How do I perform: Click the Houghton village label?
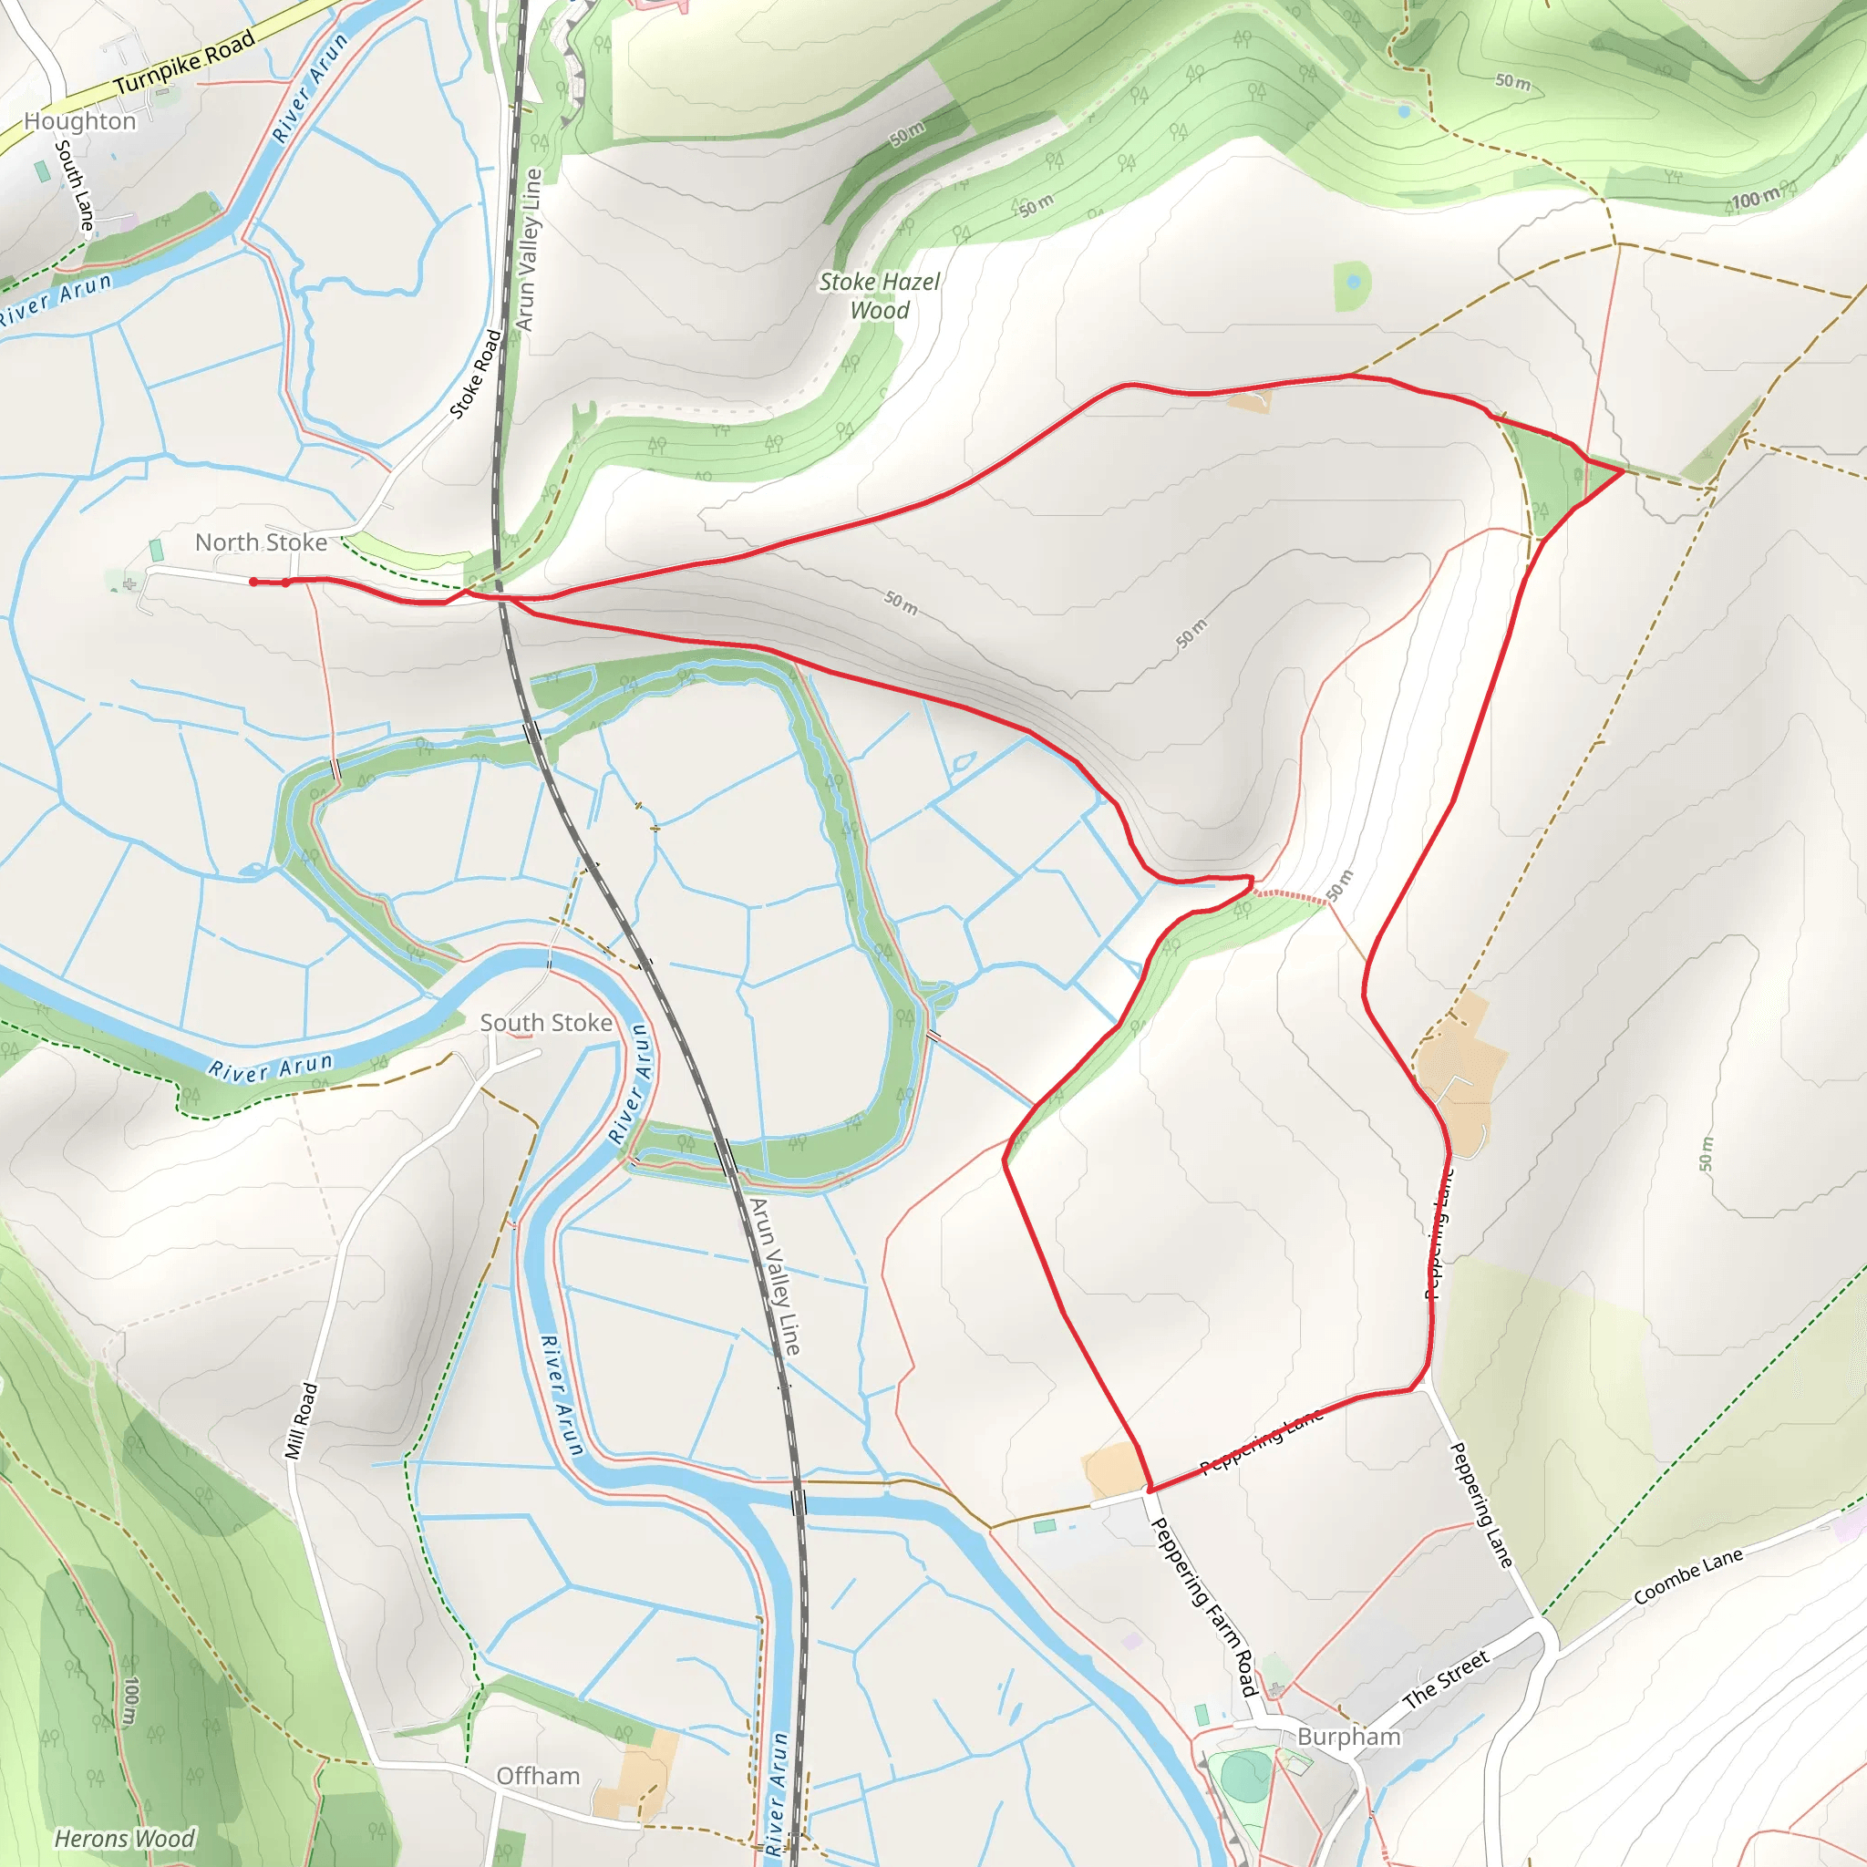point(80,121)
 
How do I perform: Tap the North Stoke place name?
point(261,542)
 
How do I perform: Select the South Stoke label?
point(546,1023)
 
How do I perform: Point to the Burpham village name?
point(1348,1737)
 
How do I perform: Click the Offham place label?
point(537,1776)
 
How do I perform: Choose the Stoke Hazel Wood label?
point(880,295)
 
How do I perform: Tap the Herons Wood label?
point(125,1838)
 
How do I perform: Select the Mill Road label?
point(301,1420)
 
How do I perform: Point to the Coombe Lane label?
point(1688,1576)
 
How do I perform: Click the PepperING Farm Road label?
point(1205,1606)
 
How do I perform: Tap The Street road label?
point(1446,1679)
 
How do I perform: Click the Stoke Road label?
point(477,374)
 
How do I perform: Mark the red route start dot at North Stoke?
point(253,582)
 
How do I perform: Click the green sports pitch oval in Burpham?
point(1245,1776)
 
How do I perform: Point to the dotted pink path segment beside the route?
point(1290,896)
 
